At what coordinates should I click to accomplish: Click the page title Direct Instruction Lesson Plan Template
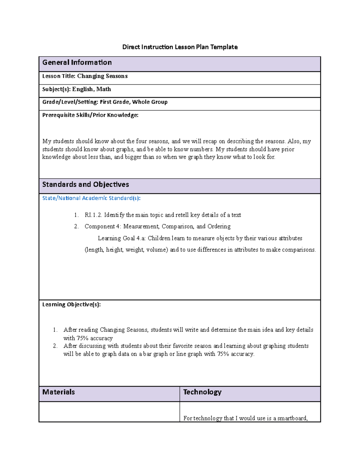pyautogui.click(x=180, y=47)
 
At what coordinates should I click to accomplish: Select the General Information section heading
pyautogui.click(x=77, y=62)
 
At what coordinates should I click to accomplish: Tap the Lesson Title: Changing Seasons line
pyautogui.click(x=85, y=76)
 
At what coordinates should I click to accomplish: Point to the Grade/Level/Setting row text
pyautogui.click(x=105, y=102)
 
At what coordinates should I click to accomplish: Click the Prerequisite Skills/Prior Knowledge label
pyautogui.click(x=90, y=115)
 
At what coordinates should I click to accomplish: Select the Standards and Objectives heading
pyautogui.click(x=85, y=185)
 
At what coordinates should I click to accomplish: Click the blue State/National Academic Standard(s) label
pyautogui.click(x=91, y=198)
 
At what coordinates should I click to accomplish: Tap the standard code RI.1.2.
pyautogui.click(x=93, y=215)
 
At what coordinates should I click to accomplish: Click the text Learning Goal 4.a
pyautogui.click(x=121, y=239)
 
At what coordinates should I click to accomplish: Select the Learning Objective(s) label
pyautogui.click(x=71, y=305)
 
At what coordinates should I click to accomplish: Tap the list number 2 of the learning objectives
pyautogui.click(x=55, y=346)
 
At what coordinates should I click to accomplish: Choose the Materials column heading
pyautogui.click(x=58, y=392)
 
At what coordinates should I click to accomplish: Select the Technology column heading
pyautogui.click(x=202, y=392)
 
